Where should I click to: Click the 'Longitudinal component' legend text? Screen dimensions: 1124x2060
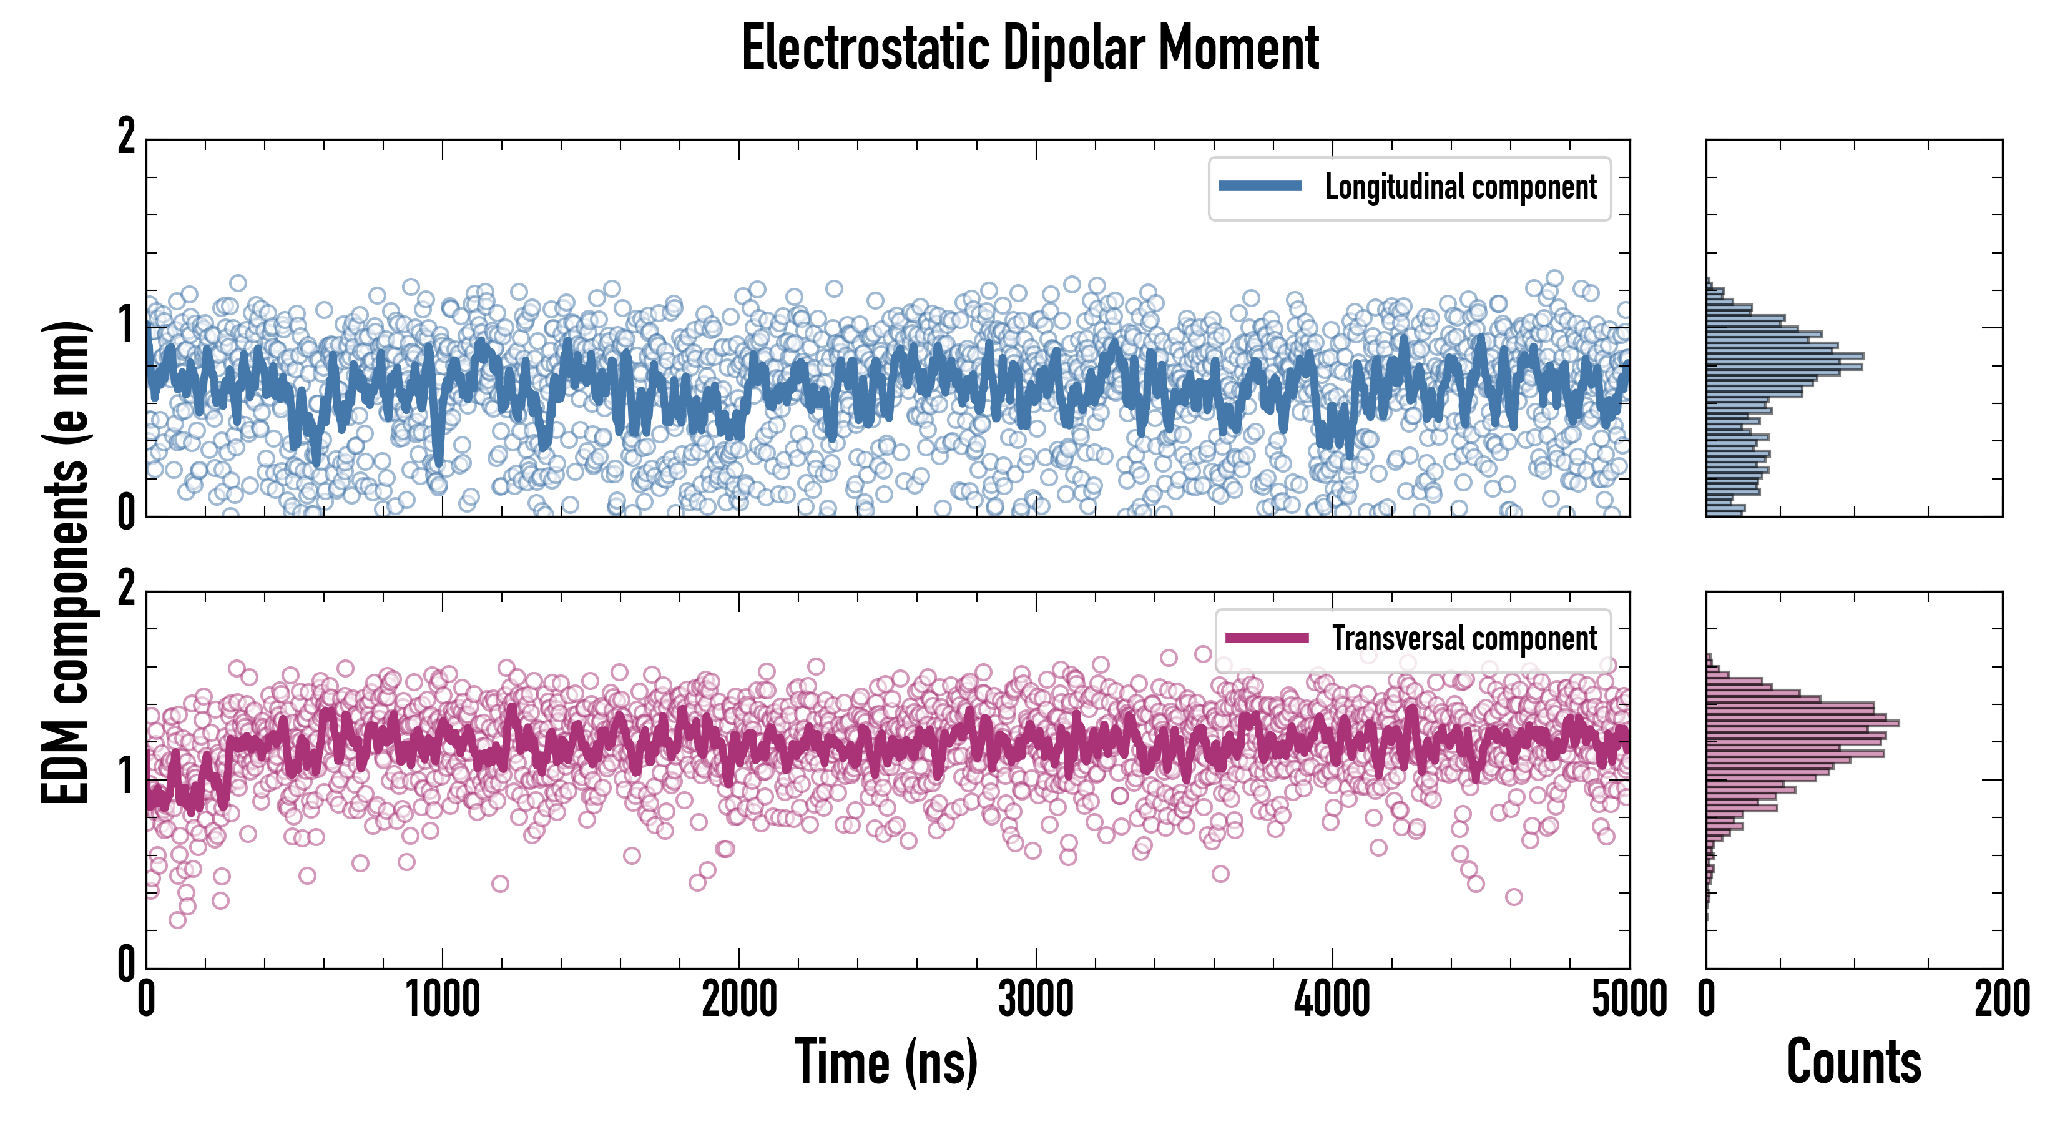point(1460,187)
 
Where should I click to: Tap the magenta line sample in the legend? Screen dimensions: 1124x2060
point(1267,638)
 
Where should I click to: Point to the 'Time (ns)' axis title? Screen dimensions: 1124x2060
point(886,1062)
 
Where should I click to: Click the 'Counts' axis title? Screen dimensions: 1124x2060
point(1853,1062)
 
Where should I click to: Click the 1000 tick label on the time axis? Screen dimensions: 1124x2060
point(442,1000)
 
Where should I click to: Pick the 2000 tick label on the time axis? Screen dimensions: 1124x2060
point(739,1000)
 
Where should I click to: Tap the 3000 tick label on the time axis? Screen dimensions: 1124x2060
point(1036,1000)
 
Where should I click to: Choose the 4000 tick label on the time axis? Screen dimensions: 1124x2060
point(1332,1000)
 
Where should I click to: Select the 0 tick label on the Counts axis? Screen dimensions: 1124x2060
point(1707,1000)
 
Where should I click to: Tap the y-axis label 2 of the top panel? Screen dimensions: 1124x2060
point(126,137)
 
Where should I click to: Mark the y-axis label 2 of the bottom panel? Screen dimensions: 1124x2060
point(126,589)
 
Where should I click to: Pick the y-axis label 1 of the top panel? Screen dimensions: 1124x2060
point(126,325)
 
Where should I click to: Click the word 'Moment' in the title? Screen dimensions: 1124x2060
point(1238,48)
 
